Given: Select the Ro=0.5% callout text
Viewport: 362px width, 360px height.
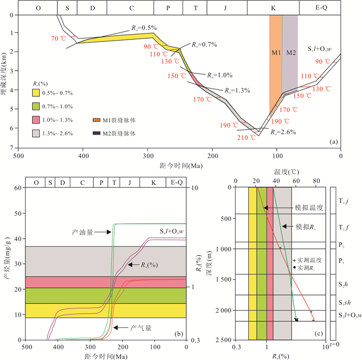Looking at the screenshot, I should click(141, 27).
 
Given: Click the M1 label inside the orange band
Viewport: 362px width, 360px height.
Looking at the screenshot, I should click(276, 52).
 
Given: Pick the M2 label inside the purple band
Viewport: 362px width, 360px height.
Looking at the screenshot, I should click(291, 52).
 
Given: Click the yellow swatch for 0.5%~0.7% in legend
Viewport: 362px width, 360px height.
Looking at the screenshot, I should click(36, 93).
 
